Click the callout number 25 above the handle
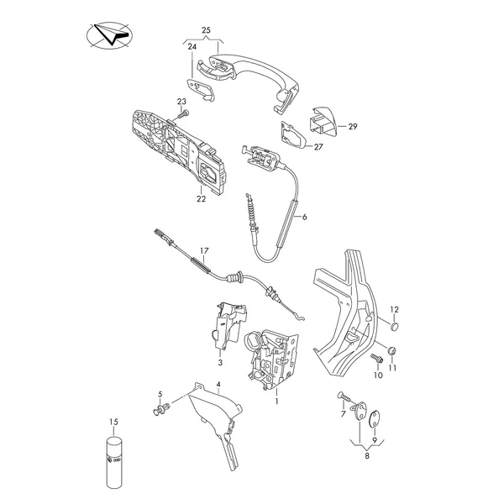pyautogui.click(x=206, y=30)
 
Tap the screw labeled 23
pyautogui.click(x=184, y=113)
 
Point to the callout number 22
pyautogui.click(x=202, y=199)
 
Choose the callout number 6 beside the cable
pyautogui.click(x=305, y=217)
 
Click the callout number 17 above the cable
pyautogui.click(x=204, y=250)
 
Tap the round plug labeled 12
pyautogui.click(x=395, y=326)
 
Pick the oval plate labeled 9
pyautogui.click(x=375, y=419)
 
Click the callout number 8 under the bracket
pyautogui.click(x=367, y=455)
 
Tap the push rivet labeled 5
pyautogui.click(x=161, y=409)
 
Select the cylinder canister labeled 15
pyautogui.click(x=114, y=461)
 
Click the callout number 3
pyautogui.click(x=220, y=363)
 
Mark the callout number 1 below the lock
pyautogui.click(x=276, y=402)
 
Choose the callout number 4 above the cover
pyautogui.click(x=218, y=384)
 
